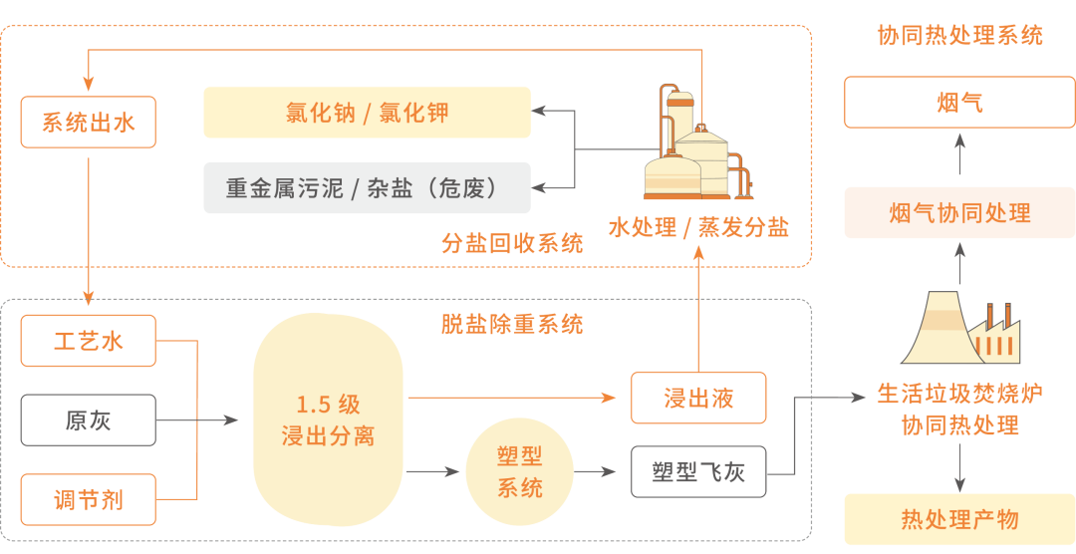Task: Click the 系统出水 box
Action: [x=89, y=123]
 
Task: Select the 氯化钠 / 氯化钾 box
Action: [x=367, y=113]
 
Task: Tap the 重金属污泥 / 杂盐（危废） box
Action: [x=367, y=187]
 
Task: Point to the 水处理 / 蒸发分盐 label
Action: [x=698, y=227]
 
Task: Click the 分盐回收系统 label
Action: [x=512, y=242]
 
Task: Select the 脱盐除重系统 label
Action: [x=512, y=323]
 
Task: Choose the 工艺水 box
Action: [x=89, y=341]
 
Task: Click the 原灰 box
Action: [x=89, y=420]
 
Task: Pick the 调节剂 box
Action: [x=89, y=499]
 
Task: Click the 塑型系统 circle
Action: [x=519, y=471]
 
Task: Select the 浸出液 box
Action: [x=698, y=398]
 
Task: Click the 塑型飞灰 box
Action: [x=698, y=471]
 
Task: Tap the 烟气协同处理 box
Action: [x=960, y=213]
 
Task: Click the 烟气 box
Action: [x=960, y=103]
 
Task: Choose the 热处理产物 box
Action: [x=960, y=520]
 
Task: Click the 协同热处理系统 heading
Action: [x=960, y=35]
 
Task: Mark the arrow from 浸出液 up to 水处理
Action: [x=698, y=310]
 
